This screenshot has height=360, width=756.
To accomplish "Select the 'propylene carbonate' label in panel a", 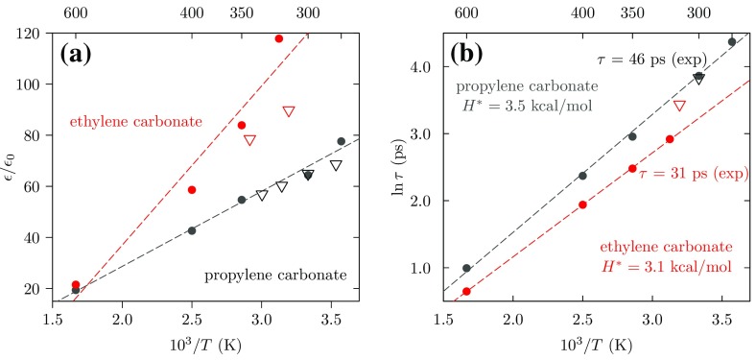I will pos(276,276).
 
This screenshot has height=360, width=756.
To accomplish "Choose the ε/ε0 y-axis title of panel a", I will pos(11,164).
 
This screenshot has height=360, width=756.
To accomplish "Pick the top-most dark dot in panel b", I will pos(732,42).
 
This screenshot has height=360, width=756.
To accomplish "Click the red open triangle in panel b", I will pos(679,106).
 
